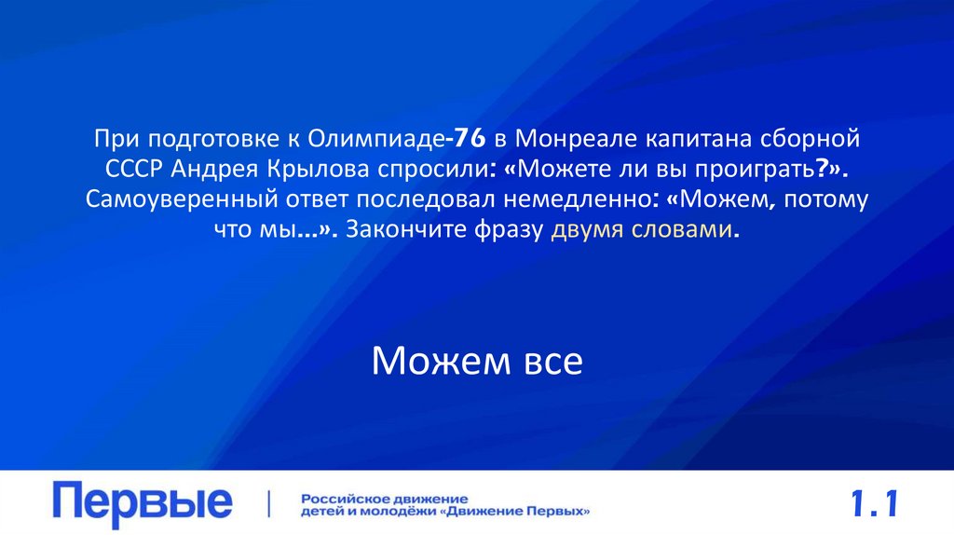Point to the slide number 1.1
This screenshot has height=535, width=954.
click(873, 504)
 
